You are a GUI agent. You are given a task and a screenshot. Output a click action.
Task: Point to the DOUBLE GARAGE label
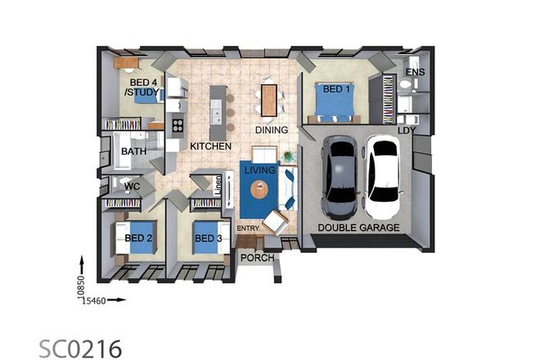point(358,227)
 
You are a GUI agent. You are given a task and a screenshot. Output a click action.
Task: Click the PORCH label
point(257,259)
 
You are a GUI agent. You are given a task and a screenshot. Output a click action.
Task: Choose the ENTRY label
point(247,227)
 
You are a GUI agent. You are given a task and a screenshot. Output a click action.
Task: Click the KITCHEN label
point(211,146)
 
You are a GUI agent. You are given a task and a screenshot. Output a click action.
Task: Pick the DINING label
point(271,129)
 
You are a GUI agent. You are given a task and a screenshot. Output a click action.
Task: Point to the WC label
point(133,187)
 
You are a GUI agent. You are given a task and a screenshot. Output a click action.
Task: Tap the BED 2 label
point(138,238)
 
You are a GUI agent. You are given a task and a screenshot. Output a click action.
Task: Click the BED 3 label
point(208,238)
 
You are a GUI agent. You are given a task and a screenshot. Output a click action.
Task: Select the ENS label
point(416,73)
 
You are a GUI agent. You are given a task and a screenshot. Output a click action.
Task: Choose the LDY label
point(407,129)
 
